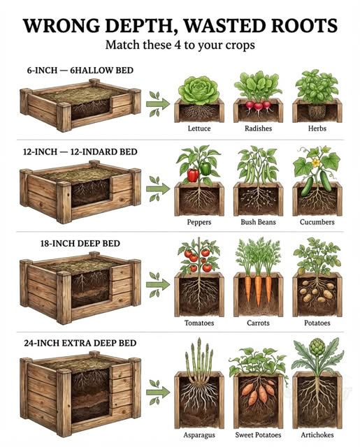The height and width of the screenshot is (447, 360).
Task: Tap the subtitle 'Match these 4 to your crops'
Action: (180, 46)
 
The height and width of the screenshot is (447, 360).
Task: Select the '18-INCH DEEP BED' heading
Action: (80, 244)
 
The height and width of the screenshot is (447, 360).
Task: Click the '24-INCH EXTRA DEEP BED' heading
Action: (78, 343)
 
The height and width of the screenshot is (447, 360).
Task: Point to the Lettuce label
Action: (199, 129)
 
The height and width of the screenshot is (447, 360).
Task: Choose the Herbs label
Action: (317, 129)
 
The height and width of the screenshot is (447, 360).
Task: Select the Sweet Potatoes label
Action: (258, 434)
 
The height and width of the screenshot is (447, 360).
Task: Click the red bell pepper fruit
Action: (192, 174)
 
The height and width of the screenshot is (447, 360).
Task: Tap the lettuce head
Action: (199, 89)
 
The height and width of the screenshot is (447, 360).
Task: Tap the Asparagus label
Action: (199, 434)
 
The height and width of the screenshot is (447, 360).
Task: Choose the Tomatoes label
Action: (199, 323)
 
